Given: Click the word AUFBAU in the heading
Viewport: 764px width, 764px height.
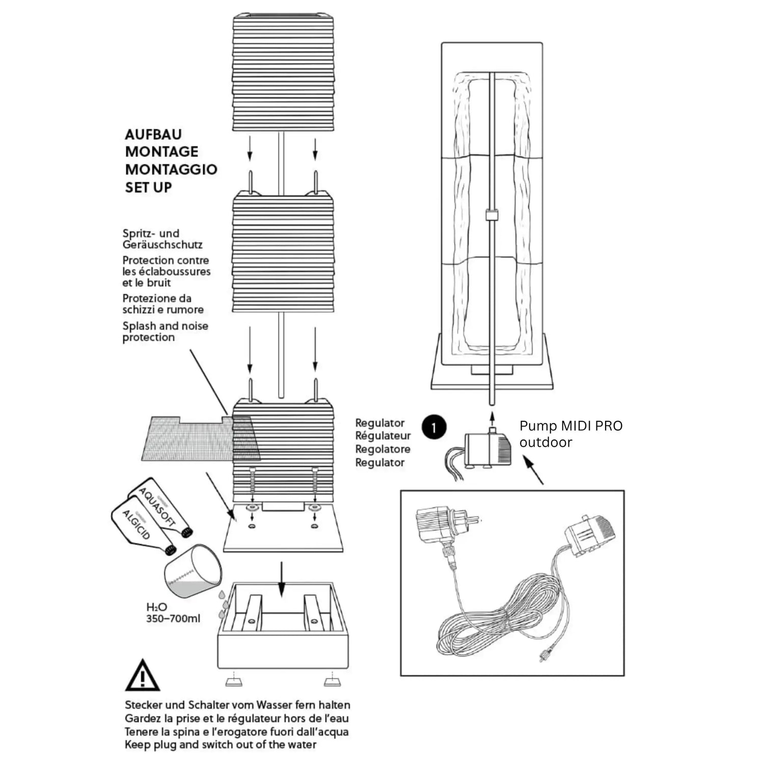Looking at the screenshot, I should point(153,134).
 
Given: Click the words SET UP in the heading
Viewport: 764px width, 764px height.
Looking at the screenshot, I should point(148,187).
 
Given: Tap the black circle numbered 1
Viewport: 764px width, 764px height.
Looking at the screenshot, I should point(434,428).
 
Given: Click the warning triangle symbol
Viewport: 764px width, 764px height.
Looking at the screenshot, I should point(143,676).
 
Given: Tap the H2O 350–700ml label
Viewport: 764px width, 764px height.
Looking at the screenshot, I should point(173,613).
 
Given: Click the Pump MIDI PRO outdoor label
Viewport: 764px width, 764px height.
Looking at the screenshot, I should point(570,433).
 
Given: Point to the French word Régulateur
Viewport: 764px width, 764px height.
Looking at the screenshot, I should point(383,436).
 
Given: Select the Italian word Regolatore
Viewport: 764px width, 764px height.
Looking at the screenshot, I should point(383,449).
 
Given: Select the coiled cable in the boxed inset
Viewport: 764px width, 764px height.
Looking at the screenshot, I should point(489,621).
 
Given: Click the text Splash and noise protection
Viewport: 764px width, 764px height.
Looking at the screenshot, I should point(165,332).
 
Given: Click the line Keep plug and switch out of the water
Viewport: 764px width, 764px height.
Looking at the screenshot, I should point(221,745).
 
